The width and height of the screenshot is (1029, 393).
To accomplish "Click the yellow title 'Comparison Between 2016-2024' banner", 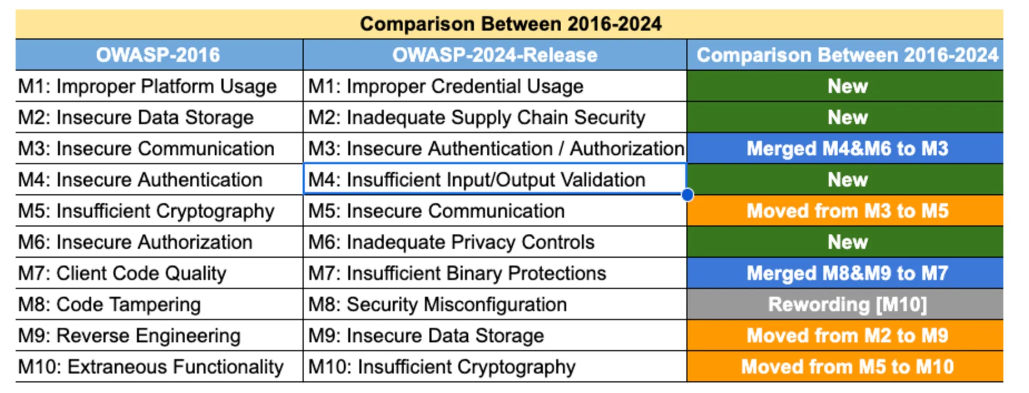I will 510,24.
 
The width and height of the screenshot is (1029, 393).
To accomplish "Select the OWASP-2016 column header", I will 159,55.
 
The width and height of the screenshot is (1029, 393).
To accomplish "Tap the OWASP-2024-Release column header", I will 494,55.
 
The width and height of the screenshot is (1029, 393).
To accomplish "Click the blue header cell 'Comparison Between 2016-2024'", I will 847,55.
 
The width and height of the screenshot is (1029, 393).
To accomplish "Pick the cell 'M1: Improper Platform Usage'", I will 147,86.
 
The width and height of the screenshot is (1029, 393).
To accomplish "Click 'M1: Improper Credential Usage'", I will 446,86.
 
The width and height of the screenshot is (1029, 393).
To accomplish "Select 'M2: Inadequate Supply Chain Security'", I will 477,117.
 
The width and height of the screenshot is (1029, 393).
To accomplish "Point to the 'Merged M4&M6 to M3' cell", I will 847,149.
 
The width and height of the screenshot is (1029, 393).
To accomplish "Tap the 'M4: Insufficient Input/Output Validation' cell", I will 477,180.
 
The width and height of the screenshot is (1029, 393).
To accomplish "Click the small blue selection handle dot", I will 687,195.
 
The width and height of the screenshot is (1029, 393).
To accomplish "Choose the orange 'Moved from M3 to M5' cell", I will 847,211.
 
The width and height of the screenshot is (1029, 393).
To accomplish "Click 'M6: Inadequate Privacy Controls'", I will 451,242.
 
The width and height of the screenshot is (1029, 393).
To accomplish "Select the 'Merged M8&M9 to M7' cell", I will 847,273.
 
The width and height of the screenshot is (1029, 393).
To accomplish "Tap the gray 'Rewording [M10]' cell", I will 847,304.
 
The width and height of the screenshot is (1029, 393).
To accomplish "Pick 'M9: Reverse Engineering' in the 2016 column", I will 129,336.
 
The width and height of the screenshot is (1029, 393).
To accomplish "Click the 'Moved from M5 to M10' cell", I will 847,367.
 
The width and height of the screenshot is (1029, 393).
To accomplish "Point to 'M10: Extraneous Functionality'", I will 151,367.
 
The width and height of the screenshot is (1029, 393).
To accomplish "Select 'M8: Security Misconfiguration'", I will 437,304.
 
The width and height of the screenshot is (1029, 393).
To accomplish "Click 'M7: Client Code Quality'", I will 122,273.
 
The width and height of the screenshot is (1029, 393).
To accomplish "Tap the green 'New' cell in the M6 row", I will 847,242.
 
